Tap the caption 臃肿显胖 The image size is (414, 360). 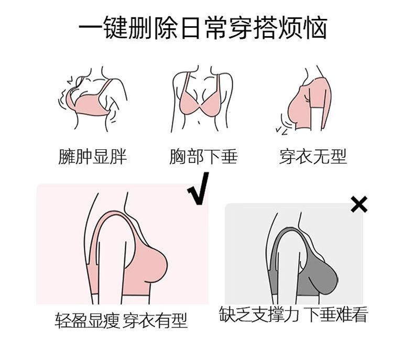click(x=92, y=156)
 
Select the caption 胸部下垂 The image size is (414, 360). click(x=203, y=156)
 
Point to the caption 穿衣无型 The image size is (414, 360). click(x=313, y=156)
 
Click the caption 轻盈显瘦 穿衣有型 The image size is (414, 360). click(x=121, y=320)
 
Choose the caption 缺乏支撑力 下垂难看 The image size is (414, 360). click(x=293, y=315)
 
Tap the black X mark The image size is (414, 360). click(x=359, y=204)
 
